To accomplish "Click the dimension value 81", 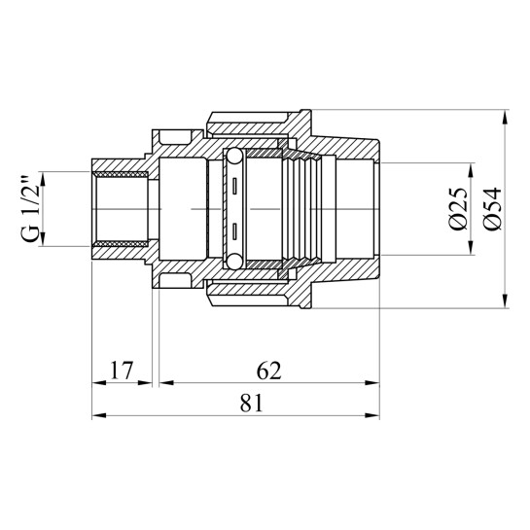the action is tap(252, 404).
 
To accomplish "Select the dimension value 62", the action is tap(269, 371).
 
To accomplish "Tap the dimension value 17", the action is tap(122, 371).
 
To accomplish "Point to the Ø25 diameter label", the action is tap(459, 208).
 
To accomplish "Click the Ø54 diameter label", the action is tap(492, 208).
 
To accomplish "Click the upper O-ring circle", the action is tap(234, 157).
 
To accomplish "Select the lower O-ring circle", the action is tap(234, 262).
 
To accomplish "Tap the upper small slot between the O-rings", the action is tap(234, 186).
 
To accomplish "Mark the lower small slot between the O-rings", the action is tap(234, 231).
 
